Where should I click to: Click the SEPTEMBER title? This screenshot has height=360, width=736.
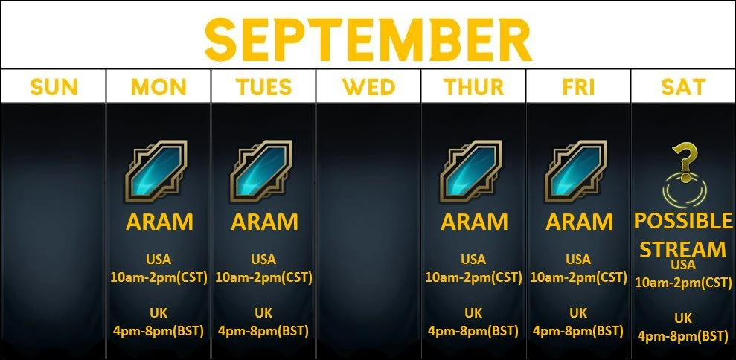coord(368,39)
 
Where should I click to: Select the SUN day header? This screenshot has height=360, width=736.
coord(54,87)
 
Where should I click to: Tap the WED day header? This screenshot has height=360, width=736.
coord(368,87)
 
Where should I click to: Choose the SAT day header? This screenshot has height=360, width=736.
coord(683,87)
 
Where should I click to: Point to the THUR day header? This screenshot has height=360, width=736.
coord(473,87)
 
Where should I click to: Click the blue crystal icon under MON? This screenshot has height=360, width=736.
coord(156,171)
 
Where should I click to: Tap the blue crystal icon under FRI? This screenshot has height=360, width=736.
coord(576,171)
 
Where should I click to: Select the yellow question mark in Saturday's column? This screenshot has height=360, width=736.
coord(685,162)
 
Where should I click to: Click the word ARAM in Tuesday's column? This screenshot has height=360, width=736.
coord(264,222)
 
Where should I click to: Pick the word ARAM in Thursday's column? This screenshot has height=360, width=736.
coord(474,222)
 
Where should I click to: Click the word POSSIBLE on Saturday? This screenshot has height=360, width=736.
coord(683,221)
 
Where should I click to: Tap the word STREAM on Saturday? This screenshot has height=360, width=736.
coord(683,250)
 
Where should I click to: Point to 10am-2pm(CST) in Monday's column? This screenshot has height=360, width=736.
coord(159,277)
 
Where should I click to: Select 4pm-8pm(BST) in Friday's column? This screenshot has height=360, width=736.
coord(577,332)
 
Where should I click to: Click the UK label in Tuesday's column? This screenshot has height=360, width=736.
coord(263,312)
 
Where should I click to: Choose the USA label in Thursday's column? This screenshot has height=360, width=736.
coord(473,259)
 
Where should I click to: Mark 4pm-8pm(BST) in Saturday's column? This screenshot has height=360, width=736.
coord(683,336)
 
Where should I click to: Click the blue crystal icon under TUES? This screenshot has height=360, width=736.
coord(261,171)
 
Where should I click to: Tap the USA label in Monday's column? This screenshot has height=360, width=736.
coord(159,259)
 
